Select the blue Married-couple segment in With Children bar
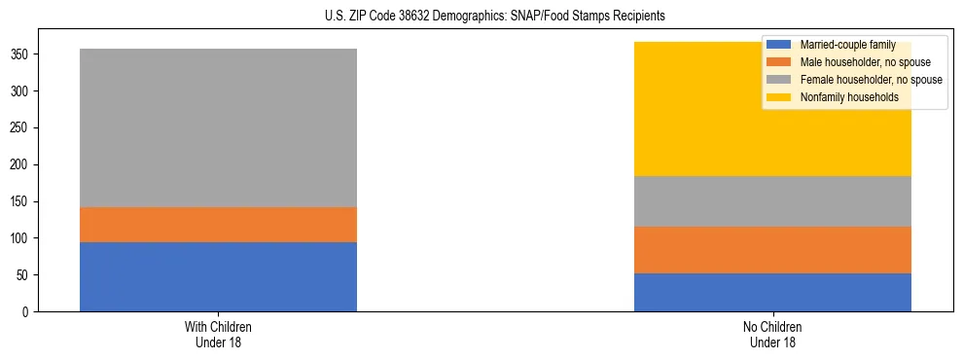218,276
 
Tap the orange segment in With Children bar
218,225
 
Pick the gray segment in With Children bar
218,127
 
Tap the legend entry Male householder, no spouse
862,62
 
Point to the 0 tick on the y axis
25,312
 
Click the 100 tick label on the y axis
19,238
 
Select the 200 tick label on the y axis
19,165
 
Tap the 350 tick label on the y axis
19,54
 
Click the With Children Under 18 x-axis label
218,335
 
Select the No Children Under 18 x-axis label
772,335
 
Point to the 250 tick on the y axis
19,128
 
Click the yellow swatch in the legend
779,97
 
